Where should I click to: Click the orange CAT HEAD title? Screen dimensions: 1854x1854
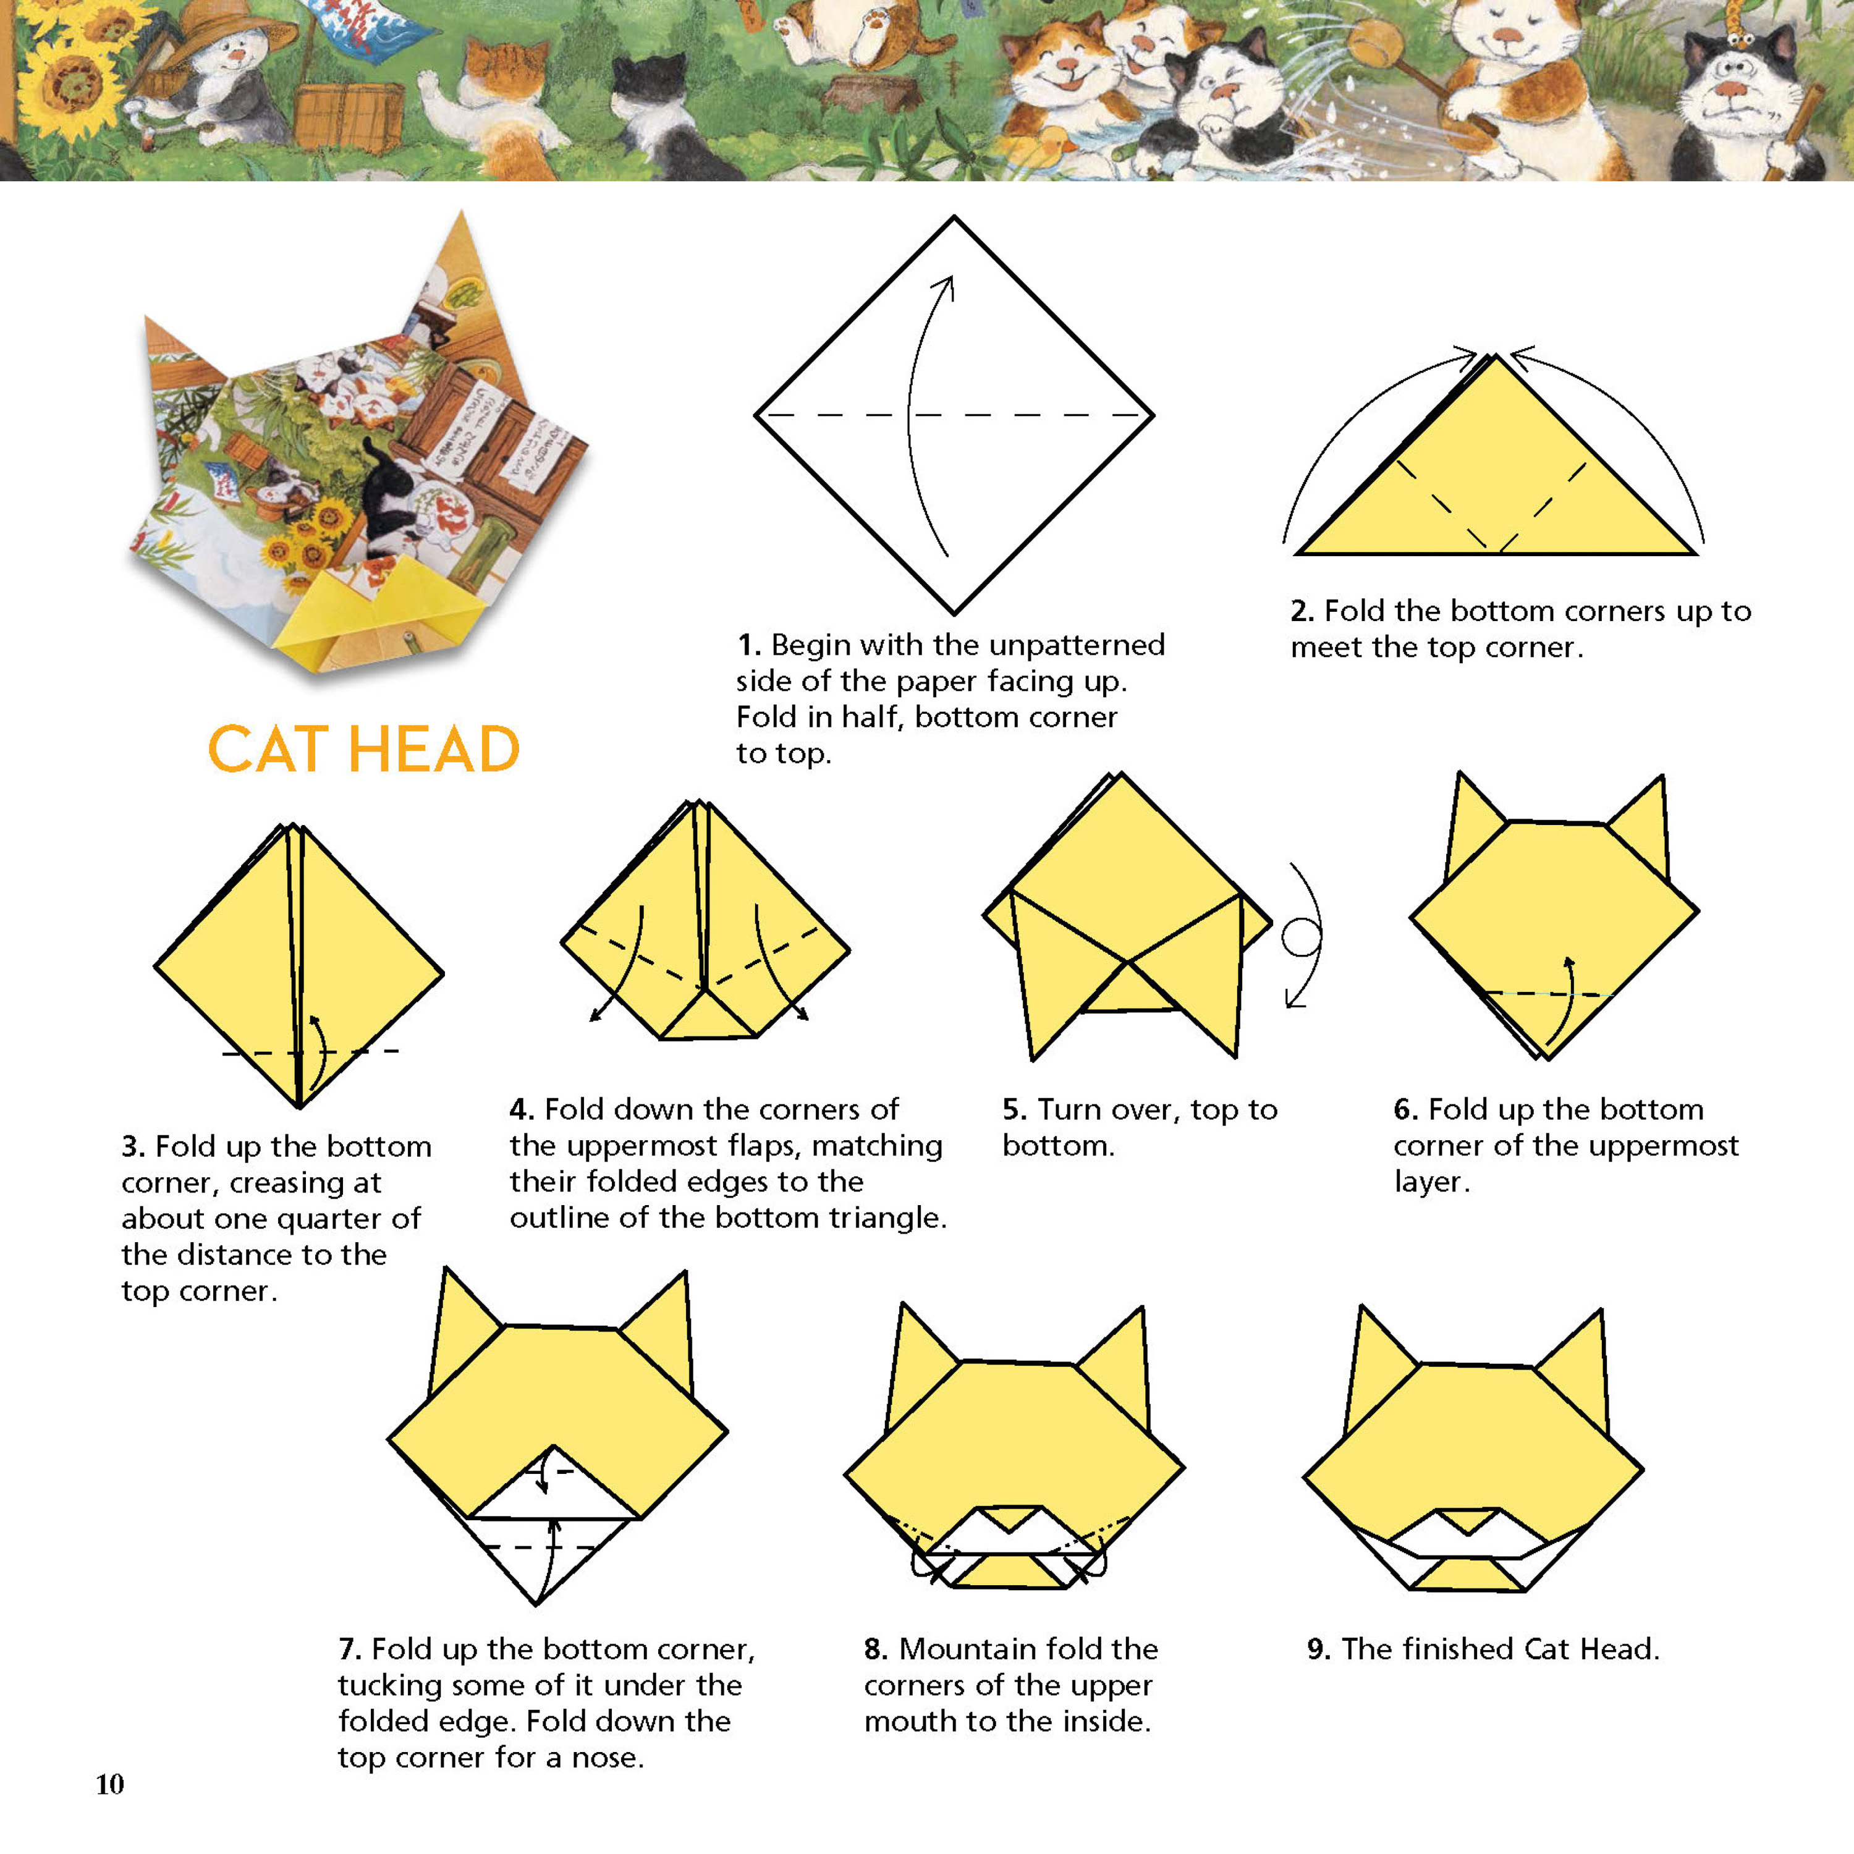point(364,750)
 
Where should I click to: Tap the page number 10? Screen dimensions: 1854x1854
point(109,1784)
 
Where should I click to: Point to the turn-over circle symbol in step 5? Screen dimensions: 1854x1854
point(1302,938)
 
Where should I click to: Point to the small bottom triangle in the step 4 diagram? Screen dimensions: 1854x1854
point(708,1017)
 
